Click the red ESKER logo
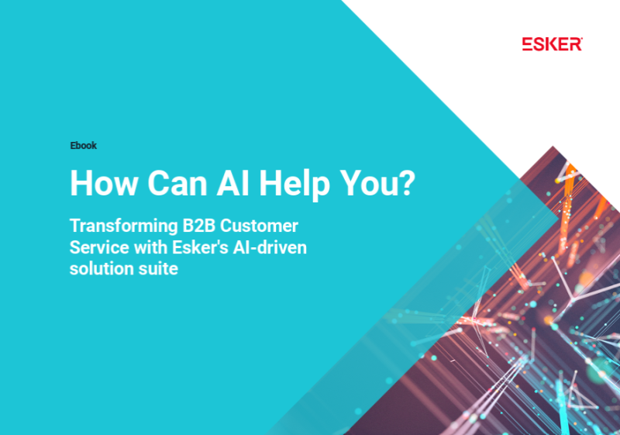pos(552,44)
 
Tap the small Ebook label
pos(84,146)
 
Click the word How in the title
pos(105,183)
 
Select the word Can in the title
pos(177,183)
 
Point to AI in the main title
pos(233,183)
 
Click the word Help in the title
pos(294,185)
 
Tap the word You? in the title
pos(377,183)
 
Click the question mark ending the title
pos(406,183)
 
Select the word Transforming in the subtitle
pos(124,226)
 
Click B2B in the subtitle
pos(199,226)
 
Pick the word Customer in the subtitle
pos(259,226)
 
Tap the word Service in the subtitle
pos(100,247)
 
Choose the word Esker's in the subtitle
pos(201,247)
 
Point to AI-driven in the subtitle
pos(270,247)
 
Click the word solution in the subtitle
pos(96,269)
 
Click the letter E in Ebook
pos(73,146)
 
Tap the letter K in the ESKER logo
pos(553,44)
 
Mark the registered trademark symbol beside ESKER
pos(581,39)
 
